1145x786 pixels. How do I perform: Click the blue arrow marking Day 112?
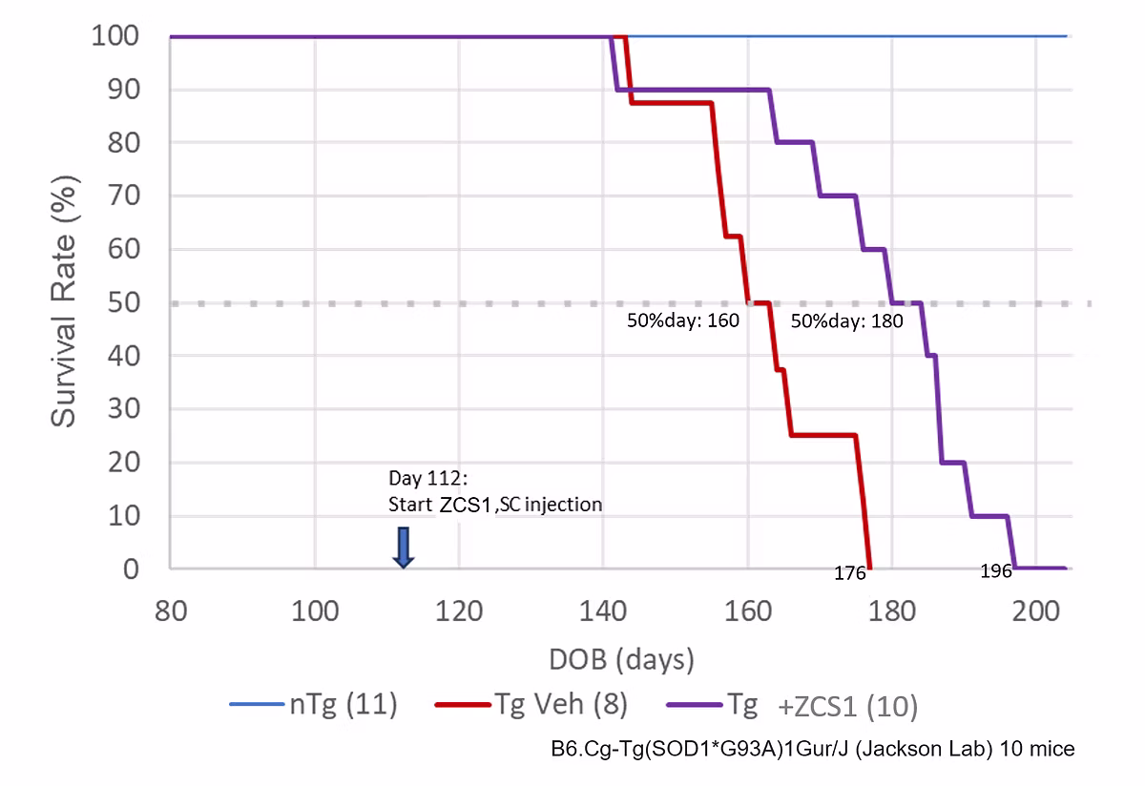click(x=404, y=547)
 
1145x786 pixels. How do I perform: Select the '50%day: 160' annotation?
click(x=682, y=321)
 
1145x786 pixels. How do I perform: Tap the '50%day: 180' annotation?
click(x=847, y=321)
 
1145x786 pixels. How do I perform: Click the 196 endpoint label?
click(x=996, y=571)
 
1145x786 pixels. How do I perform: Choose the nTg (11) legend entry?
click(x=314, y=706)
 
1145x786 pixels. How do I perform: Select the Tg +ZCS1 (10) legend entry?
click(x=792, y=706)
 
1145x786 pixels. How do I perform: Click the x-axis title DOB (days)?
click(x=621, y=659)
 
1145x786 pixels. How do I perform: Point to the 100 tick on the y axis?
click(x=116, y=36)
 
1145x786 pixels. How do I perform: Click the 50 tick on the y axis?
click(x=124, y=302)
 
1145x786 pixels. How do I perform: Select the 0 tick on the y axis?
click(x=132, y=569)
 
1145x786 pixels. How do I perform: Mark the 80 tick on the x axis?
click(x=171, y=610)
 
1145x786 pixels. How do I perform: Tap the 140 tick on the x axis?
click(x=603, y=610)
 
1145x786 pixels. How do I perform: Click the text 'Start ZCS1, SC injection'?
click(x=495, y=504)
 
